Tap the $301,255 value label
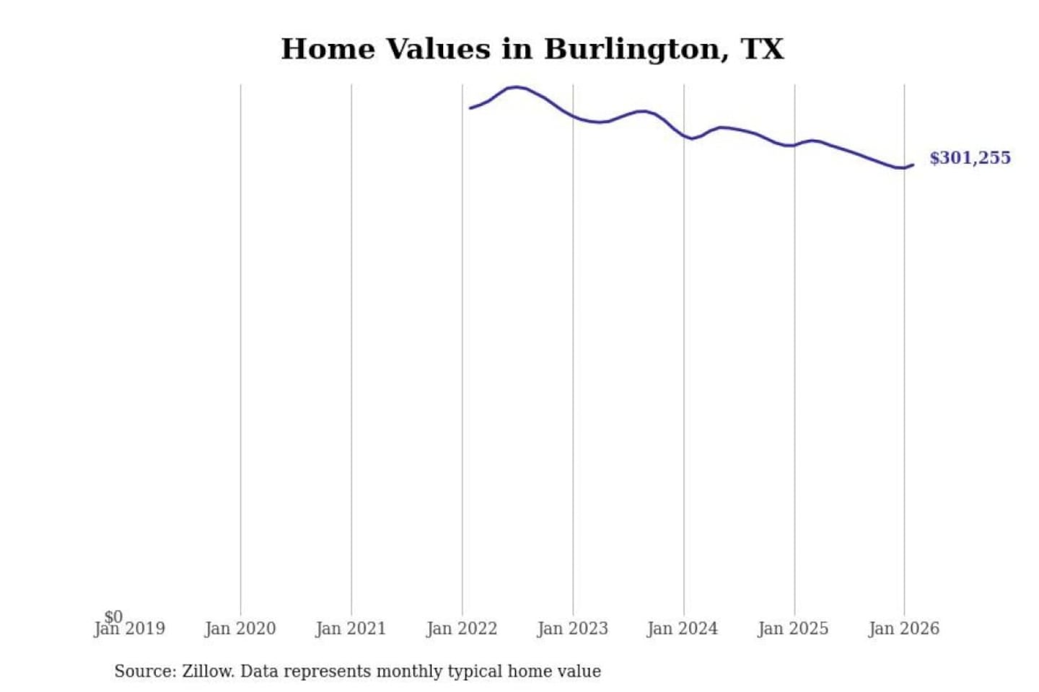click(970, 158)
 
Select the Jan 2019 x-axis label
click(130, 629)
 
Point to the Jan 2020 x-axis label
click(240, 629)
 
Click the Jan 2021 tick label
click(351, 629)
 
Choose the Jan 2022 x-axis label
click(462, 629)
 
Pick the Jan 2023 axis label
click(573, 629)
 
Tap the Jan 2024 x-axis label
click(683, 629)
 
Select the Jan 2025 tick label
click(793, 629)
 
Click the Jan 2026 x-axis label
click(904, 629)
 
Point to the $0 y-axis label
click(113, 616)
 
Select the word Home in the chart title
click(328, 49)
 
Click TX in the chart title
click(762, 49)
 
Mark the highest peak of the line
click(516, 87)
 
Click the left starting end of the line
click(470, 108)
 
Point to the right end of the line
click(913, 165)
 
